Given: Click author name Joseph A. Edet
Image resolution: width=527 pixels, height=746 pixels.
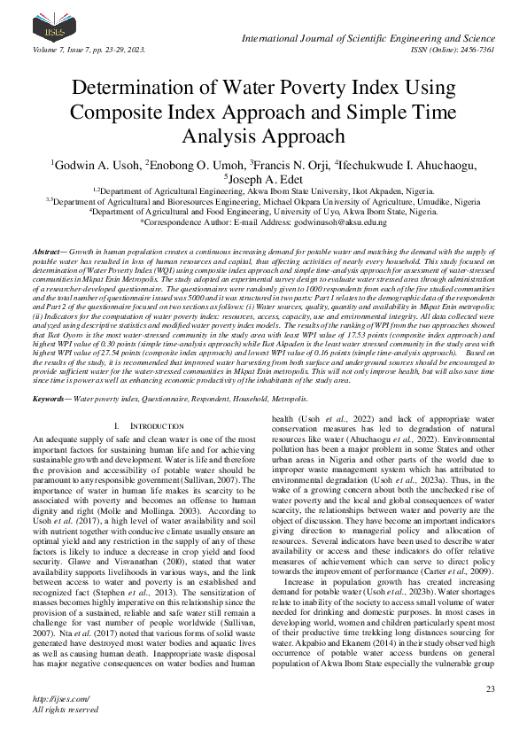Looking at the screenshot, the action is (x=265, y=179).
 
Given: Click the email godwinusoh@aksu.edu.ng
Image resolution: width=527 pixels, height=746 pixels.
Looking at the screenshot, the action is (x=337, y=223).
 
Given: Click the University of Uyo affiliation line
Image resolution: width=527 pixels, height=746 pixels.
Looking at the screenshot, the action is (x=263, y=212).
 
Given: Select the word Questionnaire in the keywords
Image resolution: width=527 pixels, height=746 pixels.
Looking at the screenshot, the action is (x=174, y=400).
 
